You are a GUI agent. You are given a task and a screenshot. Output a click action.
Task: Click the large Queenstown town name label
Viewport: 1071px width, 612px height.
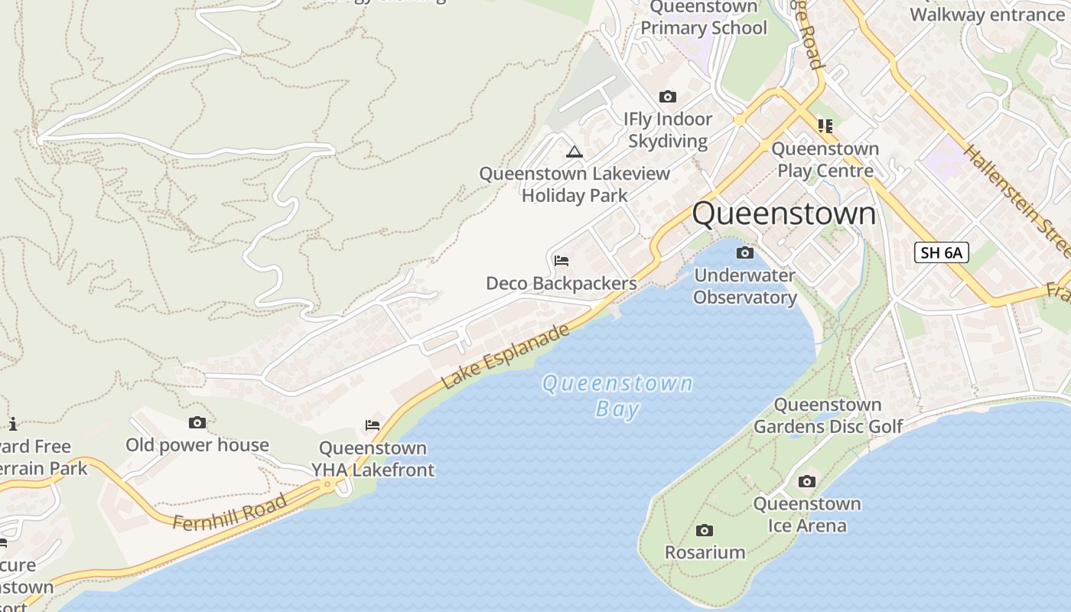[783, 213]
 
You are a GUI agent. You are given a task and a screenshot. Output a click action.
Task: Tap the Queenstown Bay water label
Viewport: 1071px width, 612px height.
[617, 395]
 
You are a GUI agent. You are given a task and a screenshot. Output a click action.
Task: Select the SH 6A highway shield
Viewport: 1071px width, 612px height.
[941, 252]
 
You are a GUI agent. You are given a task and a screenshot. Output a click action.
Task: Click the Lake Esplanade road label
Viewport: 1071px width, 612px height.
[506, 356]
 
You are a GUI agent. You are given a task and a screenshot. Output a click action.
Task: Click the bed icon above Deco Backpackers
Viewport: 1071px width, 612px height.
[562, 261]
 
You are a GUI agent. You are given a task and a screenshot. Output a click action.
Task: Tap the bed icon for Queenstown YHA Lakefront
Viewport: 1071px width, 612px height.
[373, 425]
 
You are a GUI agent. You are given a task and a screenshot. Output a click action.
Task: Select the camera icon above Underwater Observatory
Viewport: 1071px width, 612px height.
[744, 252]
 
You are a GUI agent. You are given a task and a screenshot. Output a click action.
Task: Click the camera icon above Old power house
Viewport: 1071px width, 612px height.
[197, 422]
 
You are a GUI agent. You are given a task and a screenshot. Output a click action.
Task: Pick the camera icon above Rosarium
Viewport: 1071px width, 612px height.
[705, 530]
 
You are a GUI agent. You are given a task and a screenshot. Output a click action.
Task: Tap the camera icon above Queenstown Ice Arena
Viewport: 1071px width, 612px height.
[806, 481]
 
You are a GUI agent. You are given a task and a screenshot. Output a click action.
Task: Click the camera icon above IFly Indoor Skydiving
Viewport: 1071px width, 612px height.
[668, 97]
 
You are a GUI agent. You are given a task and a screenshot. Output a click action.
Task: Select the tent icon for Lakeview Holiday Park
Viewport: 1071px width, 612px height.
[575, 151]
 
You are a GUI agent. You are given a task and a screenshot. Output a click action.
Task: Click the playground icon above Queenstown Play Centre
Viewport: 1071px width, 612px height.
[825, 125]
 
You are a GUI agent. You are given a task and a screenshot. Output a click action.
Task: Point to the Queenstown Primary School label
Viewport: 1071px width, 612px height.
[703, 18]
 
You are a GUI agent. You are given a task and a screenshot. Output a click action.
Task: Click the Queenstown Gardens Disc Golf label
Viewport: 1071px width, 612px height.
[828, 415]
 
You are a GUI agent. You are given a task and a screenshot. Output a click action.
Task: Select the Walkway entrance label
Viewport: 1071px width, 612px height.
[987, 15]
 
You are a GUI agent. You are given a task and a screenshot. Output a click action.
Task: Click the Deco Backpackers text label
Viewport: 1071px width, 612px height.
[562, 284]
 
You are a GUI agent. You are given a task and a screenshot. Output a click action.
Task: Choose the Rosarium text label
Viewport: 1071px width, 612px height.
[705, 552]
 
